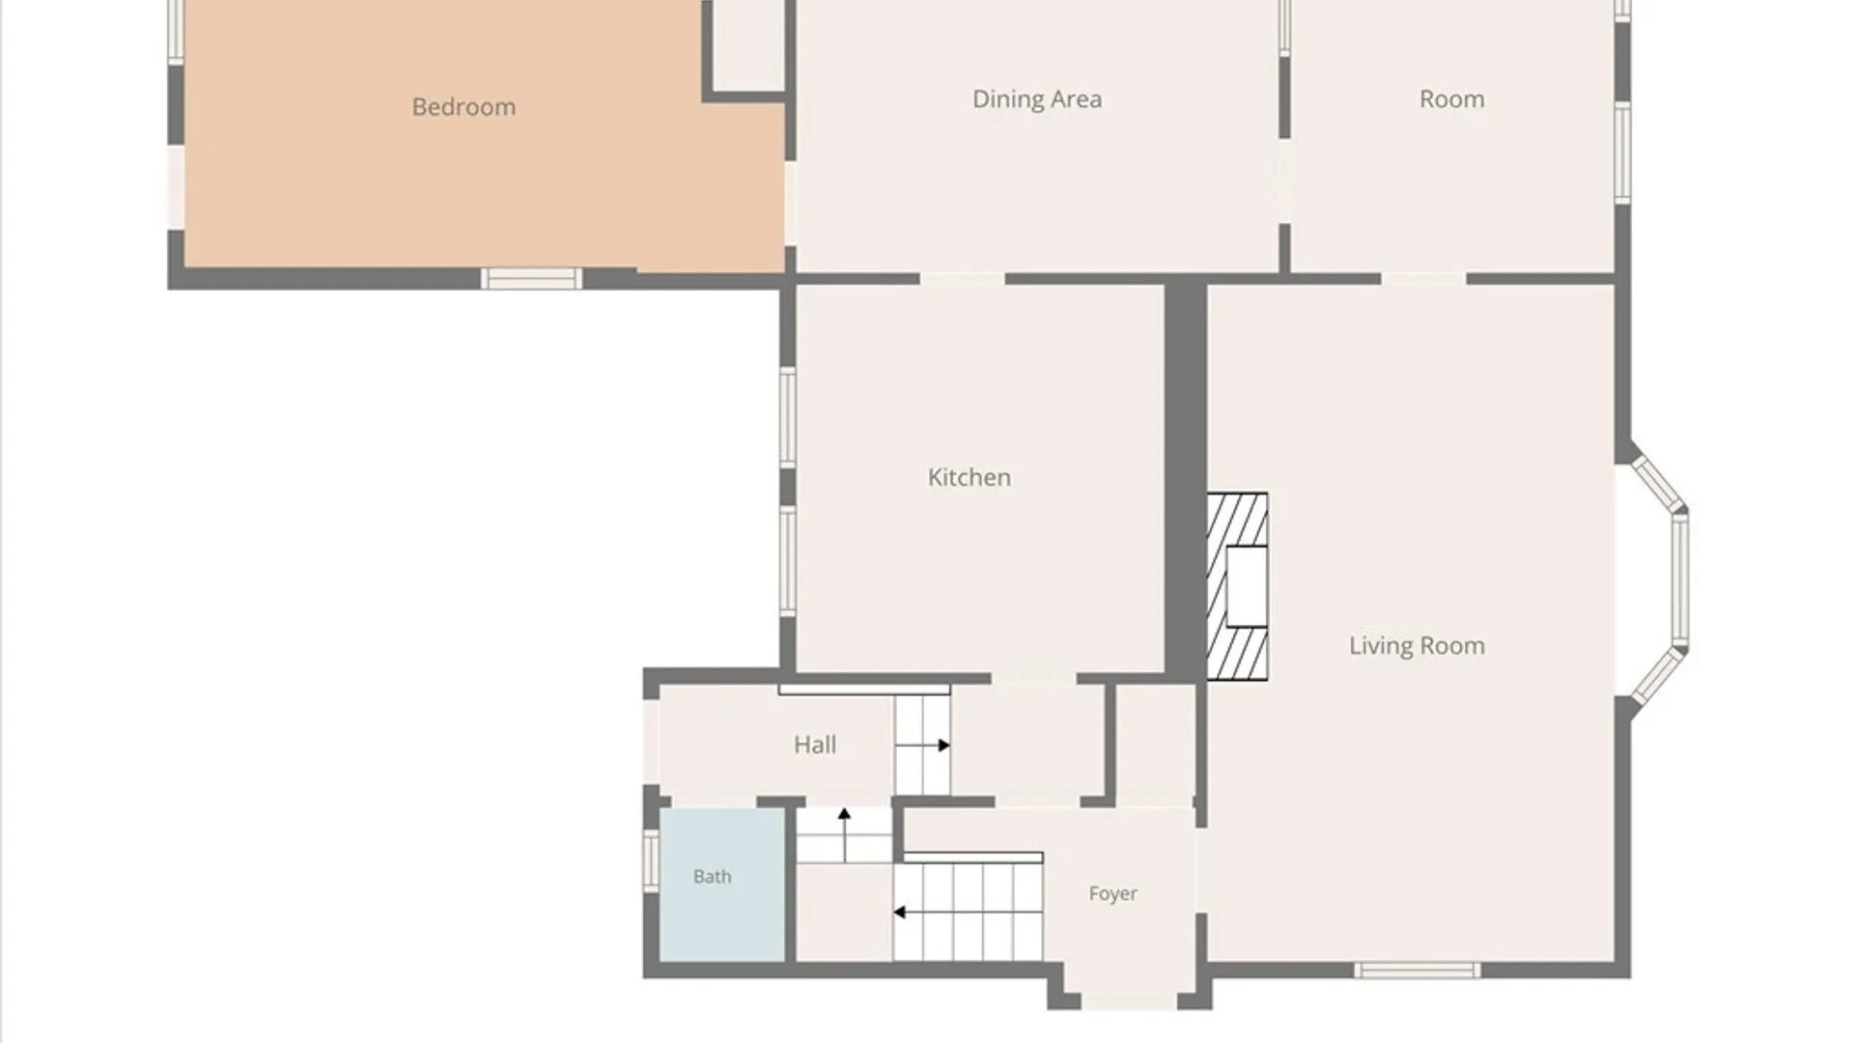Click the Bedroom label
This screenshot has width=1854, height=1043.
(463, 107)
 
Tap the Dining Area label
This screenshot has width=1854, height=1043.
(1036, 99)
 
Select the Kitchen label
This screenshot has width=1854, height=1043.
(969, 477)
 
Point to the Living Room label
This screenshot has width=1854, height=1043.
(1417, 646)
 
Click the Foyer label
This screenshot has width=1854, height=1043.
(1112, 894)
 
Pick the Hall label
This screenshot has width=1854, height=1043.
(815, 745)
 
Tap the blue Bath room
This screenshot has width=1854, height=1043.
(721, 885)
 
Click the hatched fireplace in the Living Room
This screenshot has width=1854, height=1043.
(1237, 587)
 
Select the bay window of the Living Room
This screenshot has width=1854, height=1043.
(1659, 580)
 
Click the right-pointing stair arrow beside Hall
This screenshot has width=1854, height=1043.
(927, 746)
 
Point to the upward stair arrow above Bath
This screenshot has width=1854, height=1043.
(844, 834)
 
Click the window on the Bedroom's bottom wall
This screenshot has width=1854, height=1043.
(531, 279)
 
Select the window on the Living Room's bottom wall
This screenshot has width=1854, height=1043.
(1417, 971)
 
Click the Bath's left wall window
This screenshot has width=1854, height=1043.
(651, 860)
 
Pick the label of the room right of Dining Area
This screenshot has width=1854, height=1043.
(1451, 99)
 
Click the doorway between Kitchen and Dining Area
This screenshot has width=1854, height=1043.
(962, 279)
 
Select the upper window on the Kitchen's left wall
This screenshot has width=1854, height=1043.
(788, 417)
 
